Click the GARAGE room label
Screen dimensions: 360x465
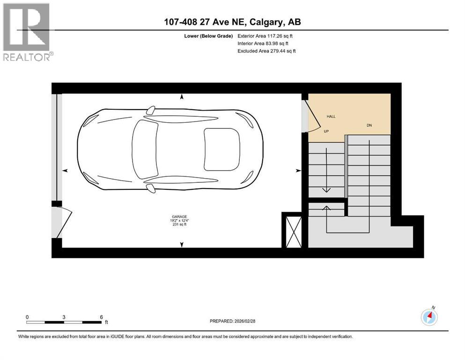[181, 216]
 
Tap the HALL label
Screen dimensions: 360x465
[331, 117]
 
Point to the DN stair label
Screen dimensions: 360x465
[369, 126]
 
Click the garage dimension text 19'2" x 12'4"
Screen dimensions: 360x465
[181, 220]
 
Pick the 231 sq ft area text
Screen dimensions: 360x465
[181, 225]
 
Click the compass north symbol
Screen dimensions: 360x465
[429, 317]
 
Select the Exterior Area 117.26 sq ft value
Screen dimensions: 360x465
[266, 36]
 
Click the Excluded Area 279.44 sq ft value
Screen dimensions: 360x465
[267, 51]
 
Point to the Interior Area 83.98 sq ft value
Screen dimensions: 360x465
[265, 43]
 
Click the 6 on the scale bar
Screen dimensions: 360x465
[101, 317]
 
